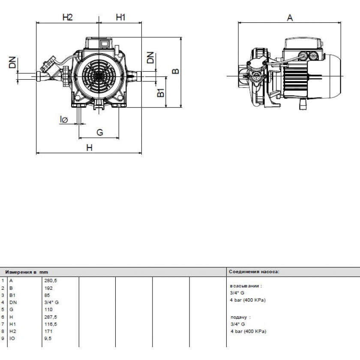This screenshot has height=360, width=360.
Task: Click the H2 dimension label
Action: coord(68,17)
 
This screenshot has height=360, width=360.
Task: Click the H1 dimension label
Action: coord(120,17)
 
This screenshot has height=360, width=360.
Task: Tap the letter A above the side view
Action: coord(290,18)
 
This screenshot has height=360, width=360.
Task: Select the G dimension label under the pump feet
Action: coord(99,132)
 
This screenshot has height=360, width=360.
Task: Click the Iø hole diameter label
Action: coord(64,120)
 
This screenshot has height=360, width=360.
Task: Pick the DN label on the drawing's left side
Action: coord(12,63)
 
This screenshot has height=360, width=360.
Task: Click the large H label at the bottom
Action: coord(89,147)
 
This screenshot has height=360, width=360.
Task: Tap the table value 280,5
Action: coord(51,281)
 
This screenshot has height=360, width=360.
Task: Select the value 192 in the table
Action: coord(48,288)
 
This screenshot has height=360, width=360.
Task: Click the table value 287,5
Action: coord(51,317)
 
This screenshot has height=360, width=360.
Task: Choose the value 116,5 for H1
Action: coord(51,324)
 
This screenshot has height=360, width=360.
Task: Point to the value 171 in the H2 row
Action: coord(48,331)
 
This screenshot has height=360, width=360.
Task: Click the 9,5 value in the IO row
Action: coord(48,339)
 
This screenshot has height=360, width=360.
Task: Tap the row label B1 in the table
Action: coord(12,295)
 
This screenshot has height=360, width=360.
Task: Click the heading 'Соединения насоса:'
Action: coord(254,272)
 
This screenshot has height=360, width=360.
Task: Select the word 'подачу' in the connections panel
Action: coord(239,317)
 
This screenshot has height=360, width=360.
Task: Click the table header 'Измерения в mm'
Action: coord(27,272)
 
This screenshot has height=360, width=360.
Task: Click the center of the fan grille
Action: coord(99,76)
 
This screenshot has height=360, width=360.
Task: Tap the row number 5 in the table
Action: coord(3,309)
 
